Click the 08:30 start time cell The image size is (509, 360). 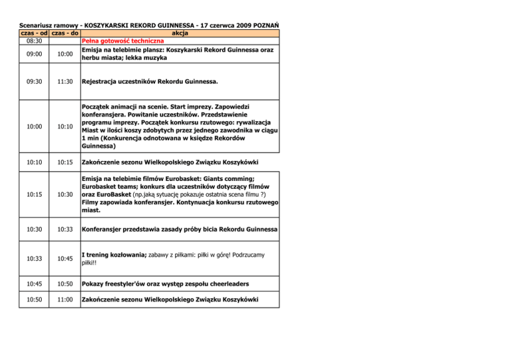pyautogui.click(x=33, y=41)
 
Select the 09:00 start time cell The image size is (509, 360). pyautogui.click(x=33, y=54)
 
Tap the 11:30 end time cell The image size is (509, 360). pyautogui.click(x=65, y=83)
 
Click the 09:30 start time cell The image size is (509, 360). pyautogui.click(x=33, y=83)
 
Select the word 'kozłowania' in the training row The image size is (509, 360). pyautogui.click(x=131, y=255)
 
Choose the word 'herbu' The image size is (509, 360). pyautogui.click(x=92, y=58)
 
